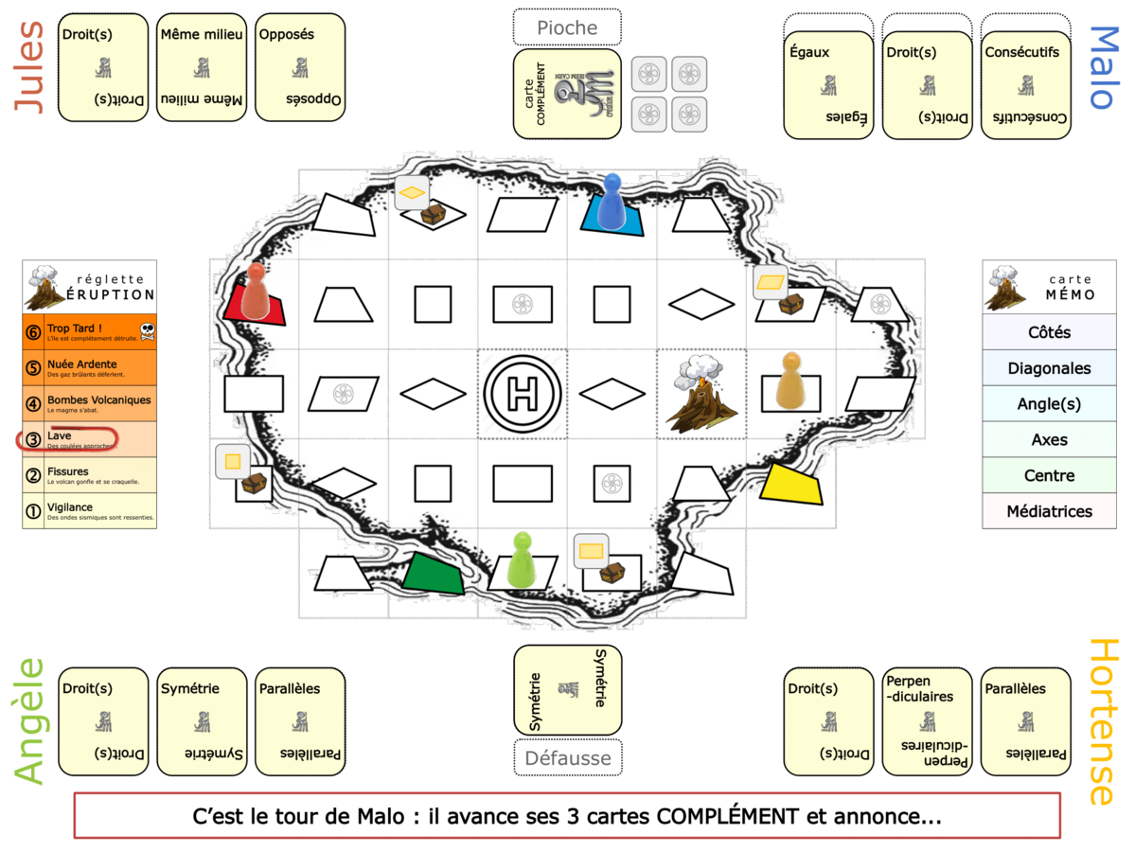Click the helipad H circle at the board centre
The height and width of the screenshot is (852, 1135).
[x=522, y=392]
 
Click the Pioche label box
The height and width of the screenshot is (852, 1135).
[x=567, y=27]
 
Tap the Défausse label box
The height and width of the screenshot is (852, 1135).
[x=567, y=757]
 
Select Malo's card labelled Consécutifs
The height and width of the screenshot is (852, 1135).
[x=1025, y=85]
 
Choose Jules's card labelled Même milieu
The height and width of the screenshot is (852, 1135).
[x=202, y=67]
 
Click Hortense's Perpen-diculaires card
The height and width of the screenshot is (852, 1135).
[x=927, y=721]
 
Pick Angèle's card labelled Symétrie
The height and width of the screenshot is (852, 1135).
[x=202, y=721]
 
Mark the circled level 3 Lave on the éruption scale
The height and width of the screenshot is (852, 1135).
[x=66, y=439]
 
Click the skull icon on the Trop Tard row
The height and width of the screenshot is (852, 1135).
[x=146, y=331]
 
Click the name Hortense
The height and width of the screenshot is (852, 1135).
[x=1104, y=721]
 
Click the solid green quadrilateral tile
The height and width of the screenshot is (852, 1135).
[x=434, y=573]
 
